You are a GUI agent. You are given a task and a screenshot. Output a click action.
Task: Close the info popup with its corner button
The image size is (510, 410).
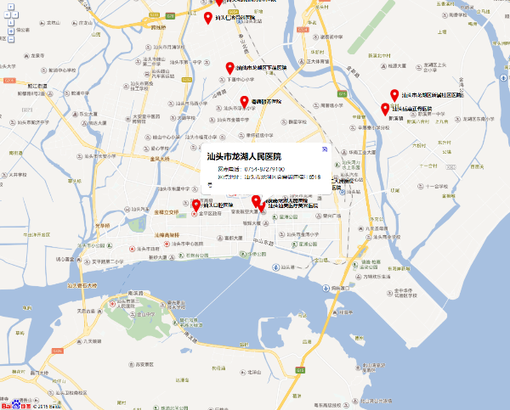tap(323, 149)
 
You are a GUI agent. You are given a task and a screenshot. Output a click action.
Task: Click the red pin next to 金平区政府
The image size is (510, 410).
tap(196, 205)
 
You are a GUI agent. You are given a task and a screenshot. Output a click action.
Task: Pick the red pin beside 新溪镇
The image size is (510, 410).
tap(385, 109)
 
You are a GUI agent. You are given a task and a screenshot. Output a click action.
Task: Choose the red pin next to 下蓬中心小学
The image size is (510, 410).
tap(229, 68)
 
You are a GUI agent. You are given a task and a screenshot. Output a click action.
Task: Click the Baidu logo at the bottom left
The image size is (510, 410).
tap(12, 404)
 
